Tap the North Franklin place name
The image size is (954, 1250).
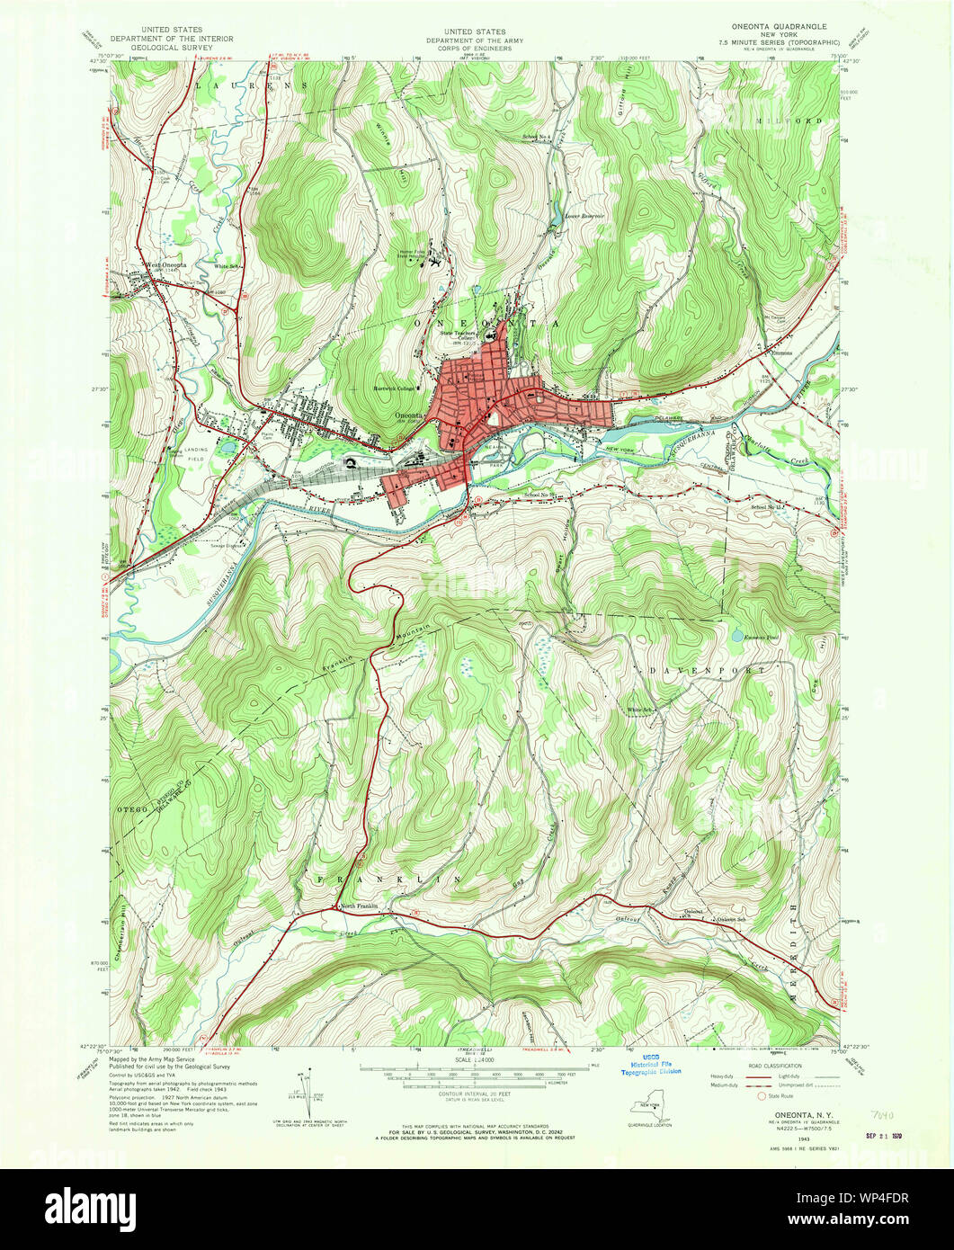(x=360, y=906)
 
